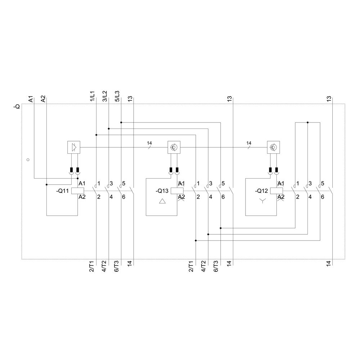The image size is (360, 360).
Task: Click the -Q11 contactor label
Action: click(x=63, y=191)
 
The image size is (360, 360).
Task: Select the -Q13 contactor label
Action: click(x=162, y=191)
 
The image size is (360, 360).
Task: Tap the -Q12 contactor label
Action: click(x=261, y=191)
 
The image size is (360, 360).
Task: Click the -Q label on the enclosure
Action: click(x=17, y=107)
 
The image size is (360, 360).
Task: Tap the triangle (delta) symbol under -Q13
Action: click(x=163, y=202)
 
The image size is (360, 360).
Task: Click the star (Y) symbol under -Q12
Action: click(x=263, y=202)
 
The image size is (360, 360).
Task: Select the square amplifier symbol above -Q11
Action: click(x=74, y=147)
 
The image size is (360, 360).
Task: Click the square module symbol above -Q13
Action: click(x=174, y=147)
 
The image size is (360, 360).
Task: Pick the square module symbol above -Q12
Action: click(x=273, y=147)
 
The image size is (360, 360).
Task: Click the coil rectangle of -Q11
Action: click(x=78, y=191)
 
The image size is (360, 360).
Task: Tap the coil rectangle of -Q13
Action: click(x=177, y=191)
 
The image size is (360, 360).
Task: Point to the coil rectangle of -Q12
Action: click(x=276, y=191)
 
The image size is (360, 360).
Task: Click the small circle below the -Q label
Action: click(x=28, y=159)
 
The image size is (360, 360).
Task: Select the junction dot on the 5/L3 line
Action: click(x=121, y=122)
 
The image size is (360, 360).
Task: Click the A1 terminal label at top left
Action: click(x=31, y=99)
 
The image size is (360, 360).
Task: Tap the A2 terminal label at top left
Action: click(x=43, y=99)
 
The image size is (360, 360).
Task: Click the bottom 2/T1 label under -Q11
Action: click(x=92, y=267)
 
